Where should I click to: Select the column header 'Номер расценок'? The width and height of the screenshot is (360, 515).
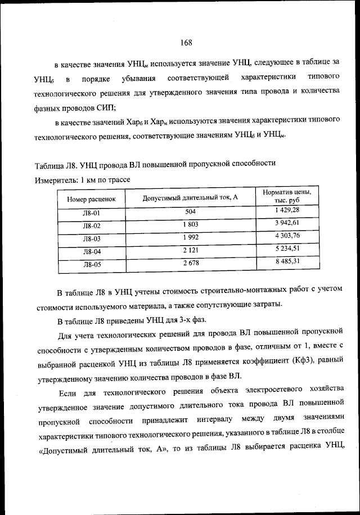pos(91,199)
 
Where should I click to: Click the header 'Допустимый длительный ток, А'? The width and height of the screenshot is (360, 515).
pos(190,198)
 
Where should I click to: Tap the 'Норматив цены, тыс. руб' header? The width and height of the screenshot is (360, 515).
pos(287,196)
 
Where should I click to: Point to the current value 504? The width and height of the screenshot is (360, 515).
pos(190,212)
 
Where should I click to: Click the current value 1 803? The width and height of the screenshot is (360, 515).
pos(190,225)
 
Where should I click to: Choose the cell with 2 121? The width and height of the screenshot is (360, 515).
pos(190,250)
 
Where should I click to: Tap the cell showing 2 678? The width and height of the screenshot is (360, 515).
pos(190,263)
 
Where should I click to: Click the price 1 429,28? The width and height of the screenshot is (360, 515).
pos(287,210)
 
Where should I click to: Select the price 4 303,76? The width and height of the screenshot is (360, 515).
pos(287,235)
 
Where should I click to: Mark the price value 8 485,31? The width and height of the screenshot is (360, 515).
pos(287,261)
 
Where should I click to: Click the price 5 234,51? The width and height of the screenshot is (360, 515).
pos(287,248)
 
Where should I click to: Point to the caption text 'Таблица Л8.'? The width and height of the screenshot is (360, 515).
pos(56,164)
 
